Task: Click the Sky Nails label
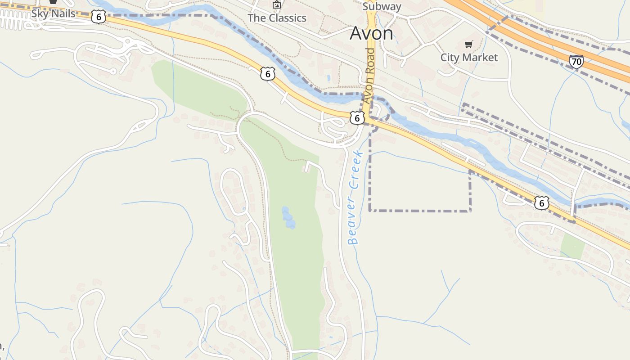53,13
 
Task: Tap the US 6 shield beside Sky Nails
98,17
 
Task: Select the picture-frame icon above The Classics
276,5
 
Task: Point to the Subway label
382,6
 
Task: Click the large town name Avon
371,33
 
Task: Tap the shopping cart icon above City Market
469,44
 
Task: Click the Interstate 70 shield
576,61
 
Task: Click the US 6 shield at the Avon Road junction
357,118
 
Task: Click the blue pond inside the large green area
288,217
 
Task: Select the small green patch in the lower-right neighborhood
573,246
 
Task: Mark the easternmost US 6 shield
542,203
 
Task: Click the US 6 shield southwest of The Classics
267,74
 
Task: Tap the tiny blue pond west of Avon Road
329,78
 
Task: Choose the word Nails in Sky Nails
63,13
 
